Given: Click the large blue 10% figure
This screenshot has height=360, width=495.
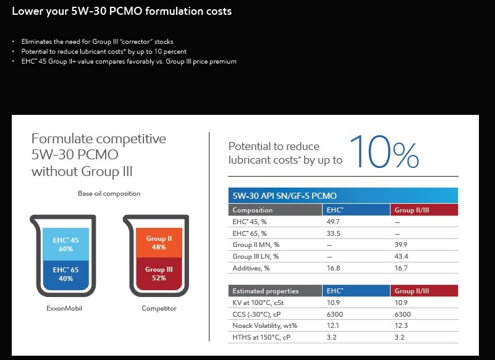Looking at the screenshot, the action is point(384,152).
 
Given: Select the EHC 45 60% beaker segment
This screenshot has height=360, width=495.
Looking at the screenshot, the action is point(66,244).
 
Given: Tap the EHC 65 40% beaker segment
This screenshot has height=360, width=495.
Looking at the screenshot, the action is point(66,275).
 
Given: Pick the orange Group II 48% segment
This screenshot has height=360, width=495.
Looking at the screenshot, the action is point(159,243).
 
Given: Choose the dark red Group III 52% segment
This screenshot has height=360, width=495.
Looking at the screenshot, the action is point(159,274).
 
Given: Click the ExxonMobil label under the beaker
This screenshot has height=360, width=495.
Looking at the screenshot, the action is point(64,308).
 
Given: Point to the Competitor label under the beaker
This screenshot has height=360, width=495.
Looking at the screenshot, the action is point(159,308).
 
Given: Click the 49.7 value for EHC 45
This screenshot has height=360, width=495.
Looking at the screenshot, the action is point(333,222).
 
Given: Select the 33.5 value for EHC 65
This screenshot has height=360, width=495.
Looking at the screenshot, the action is point(333,233).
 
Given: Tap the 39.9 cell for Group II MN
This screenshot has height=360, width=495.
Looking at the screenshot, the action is point(400,245).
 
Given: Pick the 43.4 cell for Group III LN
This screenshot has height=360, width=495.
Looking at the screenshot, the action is point(401,256).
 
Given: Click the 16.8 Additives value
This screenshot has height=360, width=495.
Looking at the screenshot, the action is point(333,268).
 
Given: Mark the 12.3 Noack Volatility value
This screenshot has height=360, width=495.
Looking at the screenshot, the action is point(401,325).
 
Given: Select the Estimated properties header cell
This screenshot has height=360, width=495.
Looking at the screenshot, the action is point(275,291).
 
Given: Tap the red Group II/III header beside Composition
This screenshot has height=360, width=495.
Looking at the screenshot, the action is point(424,210).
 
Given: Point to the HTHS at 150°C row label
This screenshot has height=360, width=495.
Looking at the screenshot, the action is point(261,337).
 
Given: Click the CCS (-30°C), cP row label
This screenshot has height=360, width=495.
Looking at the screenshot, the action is point(256,314).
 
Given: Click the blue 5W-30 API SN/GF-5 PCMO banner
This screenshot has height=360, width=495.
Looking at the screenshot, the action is point(343,196).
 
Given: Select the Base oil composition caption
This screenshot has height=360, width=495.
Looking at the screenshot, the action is point(109,193).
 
